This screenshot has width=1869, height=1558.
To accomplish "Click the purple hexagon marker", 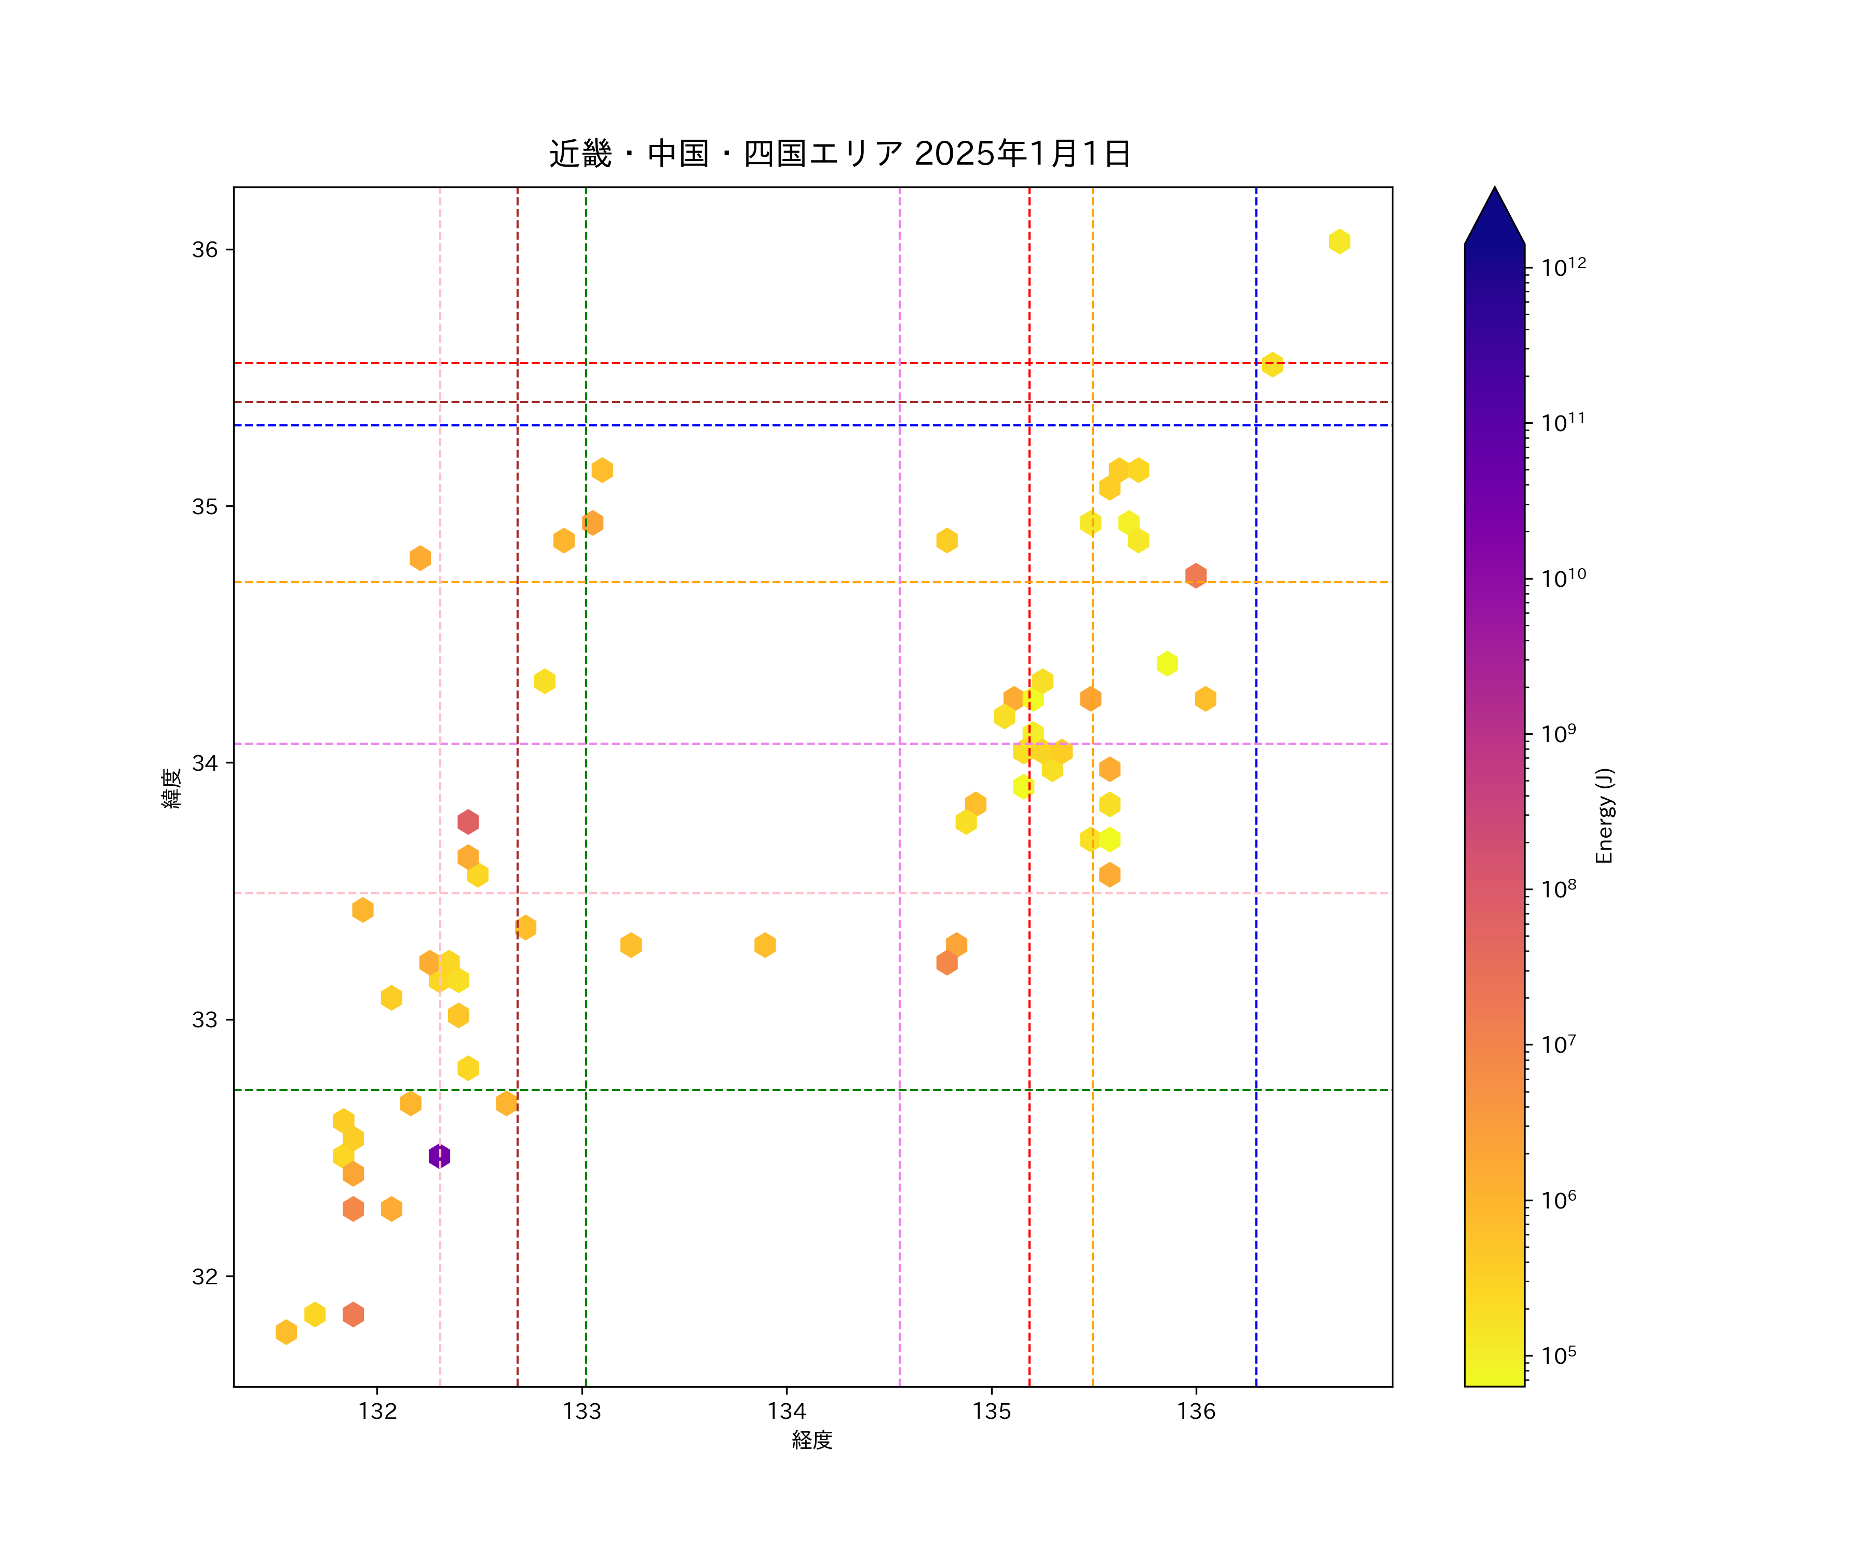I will [439, 1156].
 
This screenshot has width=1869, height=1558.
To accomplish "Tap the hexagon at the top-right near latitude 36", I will [1338, 241].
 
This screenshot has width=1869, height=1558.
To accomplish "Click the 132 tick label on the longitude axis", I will [377, 1411].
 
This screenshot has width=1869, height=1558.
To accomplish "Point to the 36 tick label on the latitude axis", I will [205, 249].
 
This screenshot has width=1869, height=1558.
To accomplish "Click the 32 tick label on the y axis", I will [205, 1276].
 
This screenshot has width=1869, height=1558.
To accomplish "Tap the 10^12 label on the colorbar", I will [1563, 267].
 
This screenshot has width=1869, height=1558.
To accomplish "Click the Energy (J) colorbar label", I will [1604, 815].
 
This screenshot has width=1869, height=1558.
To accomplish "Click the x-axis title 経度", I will [811, 1440].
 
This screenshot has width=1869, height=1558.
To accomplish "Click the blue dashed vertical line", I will [1256, 890].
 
